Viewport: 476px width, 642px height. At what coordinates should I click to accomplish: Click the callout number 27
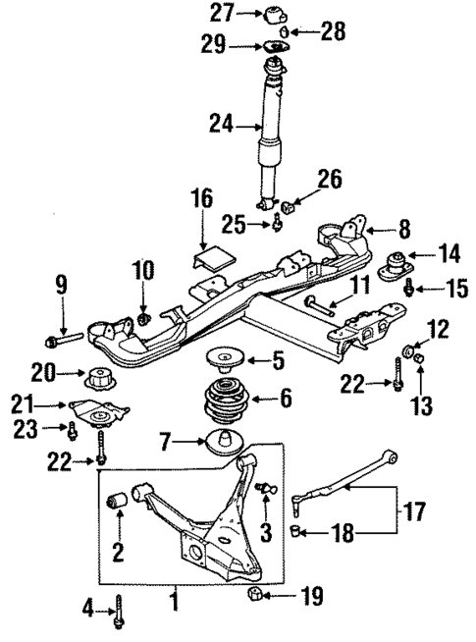click(x=222, y=14)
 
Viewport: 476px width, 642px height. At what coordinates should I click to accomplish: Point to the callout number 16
click(x=201, y=200)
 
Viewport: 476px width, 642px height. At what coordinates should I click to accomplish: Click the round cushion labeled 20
click(x=99, y=377)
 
